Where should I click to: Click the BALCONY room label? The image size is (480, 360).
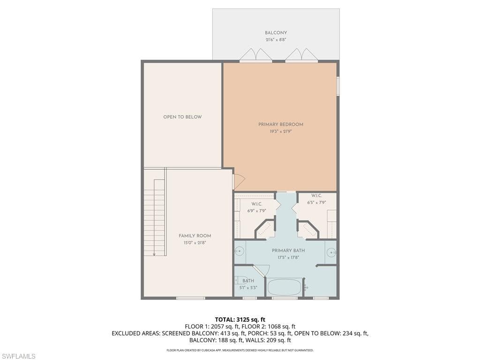(x=276, y=33)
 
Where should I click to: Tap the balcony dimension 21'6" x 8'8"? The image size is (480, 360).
(x=276, y=40)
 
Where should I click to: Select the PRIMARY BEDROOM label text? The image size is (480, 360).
(x=281, y=124)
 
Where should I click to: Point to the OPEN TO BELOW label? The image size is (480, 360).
(x=182, y=117)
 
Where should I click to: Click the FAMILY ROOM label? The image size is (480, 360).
(x=195, y=236)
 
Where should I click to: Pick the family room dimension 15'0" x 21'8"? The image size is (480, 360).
(x=195, y=243)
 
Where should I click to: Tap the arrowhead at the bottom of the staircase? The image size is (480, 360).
(x=154, y=254)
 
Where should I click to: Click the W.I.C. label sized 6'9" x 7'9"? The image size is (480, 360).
(x=256, y=204)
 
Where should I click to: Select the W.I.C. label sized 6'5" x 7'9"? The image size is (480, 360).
(x=316, y=195)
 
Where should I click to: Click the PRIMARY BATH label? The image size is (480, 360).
(x=288, y=251)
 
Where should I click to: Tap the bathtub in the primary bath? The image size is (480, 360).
(x=285, y=287)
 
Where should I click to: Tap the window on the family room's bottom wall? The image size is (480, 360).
(x=190, y=298)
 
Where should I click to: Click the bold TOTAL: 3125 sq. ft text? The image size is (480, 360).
(x=240, y=320)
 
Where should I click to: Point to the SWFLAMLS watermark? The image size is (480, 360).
(x=18, y=356)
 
